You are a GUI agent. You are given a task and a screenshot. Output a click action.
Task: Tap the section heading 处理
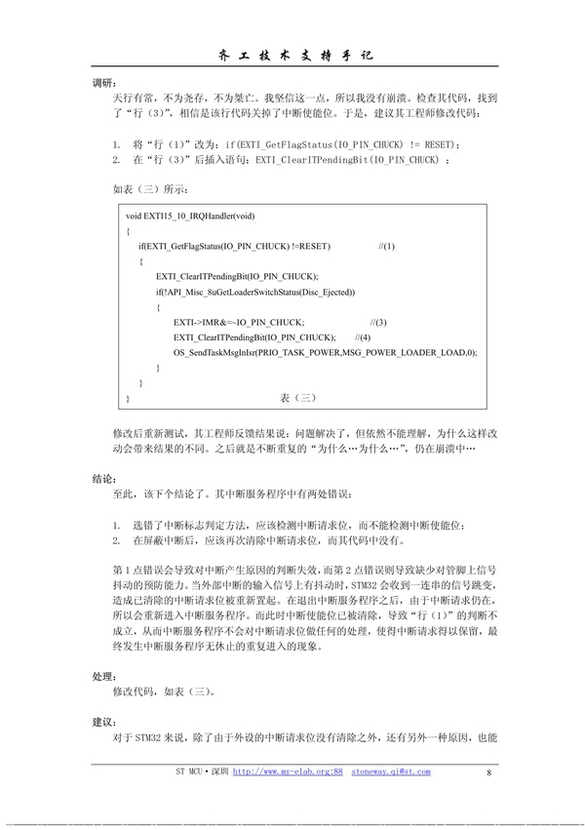pos(103,675)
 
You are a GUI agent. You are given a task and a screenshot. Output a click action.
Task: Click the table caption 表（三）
pos(293,397)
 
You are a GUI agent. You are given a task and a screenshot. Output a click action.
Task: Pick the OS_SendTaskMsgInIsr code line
pos(325,352)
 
